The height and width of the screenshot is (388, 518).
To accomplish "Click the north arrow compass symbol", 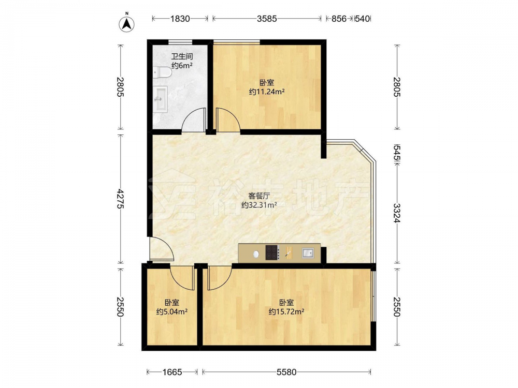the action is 126,23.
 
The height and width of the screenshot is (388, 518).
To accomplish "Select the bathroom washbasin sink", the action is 160,99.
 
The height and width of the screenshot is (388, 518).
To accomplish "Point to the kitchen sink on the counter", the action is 308,253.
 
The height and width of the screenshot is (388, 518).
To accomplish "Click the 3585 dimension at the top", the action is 267,19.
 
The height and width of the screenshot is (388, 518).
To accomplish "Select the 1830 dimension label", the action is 180,19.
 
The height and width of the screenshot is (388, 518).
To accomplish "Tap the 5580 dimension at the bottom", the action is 286,372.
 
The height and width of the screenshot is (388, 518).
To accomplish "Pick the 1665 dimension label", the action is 172,372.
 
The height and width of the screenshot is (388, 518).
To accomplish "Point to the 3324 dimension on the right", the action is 396,213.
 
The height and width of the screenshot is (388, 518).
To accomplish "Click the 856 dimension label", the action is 339,19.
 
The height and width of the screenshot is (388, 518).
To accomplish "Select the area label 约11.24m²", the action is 267,92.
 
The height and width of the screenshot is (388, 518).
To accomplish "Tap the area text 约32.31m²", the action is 259,205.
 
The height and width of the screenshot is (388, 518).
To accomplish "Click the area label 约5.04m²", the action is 172,311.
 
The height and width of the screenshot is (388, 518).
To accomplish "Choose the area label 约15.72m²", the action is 286,311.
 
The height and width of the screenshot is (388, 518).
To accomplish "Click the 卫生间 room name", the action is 182,56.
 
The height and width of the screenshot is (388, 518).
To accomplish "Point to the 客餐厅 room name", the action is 259,196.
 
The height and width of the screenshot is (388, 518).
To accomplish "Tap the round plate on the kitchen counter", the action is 256,254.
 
